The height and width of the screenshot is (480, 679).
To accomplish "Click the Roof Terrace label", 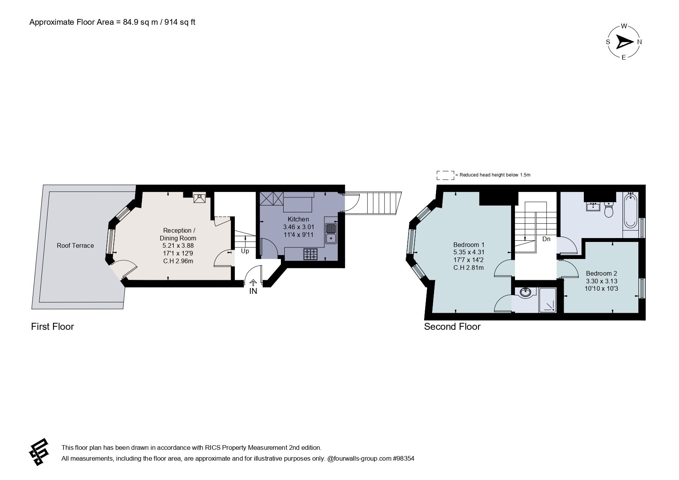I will coord(75,245).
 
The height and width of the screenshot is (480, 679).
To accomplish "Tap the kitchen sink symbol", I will coord(331,233).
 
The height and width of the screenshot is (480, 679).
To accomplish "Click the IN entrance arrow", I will coord(253,284).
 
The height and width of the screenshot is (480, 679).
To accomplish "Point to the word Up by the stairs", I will coord(245,251).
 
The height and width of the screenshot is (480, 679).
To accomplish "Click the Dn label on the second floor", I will coord(546,239).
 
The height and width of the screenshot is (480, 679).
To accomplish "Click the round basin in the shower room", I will coord(525,293).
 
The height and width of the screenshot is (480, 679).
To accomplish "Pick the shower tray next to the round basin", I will coord(547,300).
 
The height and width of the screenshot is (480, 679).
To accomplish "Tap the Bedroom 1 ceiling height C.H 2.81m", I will coord(469,267).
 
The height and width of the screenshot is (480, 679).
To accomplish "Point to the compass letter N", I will coord(640,42).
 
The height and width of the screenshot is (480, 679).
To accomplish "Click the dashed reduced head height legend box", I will coord(445,175).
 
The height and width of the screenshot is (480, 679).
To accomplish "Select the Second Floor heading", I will coord(452,327).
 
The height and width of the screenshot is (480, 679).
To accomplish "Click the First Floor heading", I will coord(52,327).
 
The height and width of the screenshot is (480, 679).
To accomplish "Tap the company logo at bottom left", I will coord(39,452).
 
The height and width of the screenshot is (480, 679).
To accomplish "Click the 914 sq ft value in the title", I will coord(180,22).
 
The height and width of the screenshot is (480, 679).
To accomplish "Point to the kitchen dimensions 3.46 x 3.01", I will coord(298,227).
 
